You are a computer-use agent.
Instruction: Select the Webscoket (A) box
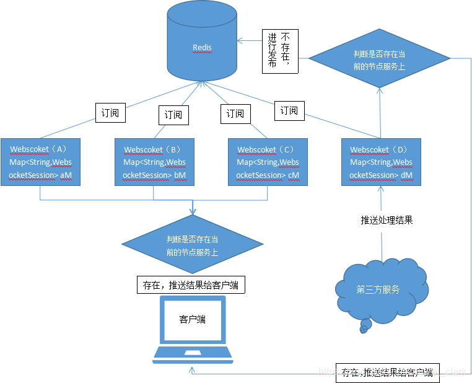[40, 162]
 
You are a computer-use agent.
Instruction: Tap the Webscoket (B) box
[154, 162]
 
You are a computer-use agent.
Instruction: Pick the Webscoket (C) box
[268, 162]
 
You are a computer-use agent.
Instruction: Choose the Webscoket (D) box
[381, 162]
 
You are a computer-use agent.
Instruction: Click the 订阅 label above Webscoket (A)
[110, 113]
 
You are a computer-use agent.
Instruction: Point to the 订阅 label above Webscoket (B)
[173, 115]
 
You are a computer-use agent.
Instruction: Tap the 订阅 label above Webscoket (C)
[235, 113]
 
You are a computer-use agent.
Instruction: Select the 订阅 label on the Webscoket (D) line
[289, 110]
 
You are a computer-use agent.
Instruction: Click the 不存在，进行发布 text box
[280, 51]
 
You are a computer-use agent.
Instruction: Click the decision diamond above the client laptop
[192, 245]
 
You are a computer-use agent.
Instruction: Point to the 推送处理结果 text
[387, 220]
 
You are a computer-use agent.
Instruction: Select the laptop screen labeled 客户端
[193, 319]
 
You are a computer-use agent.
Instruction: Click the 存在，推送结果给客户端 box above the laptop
[191, 285]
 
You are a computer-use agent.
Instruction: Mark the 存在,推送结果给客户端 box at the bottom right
[388, 372]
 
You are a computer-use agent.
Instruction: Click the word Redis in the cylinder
[202, 47]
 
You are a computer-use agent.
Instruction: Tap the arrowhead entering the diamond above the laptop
[193, 212]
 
